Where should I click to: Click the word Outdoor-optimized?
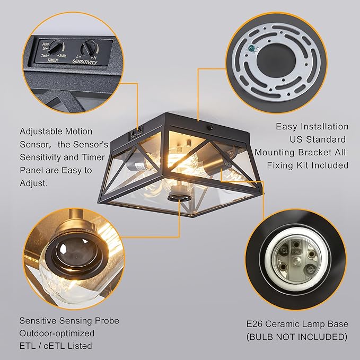point(57,333)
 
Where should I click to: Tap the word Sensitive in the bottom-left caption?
point(39,321)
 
